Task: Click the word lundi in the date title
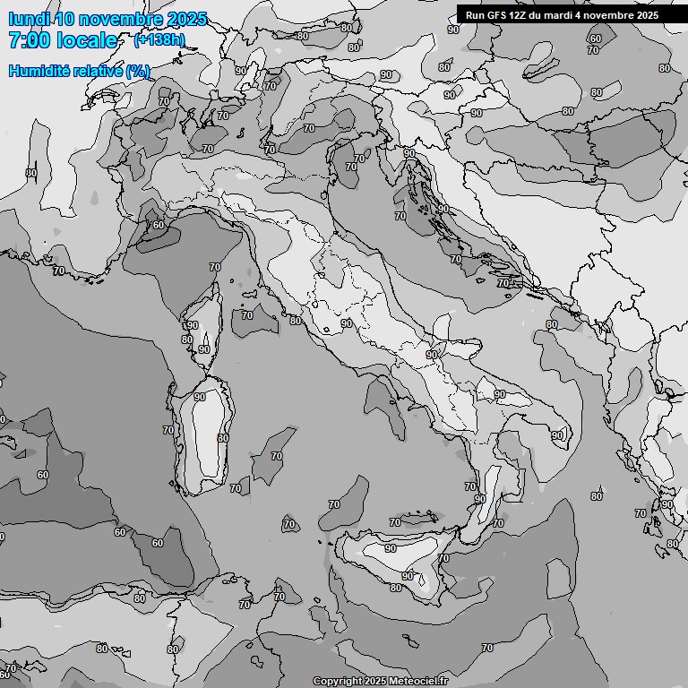tap(29, 19)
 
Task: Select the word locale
tap(87, 40)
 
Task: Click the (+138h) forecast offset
tap(159, 39)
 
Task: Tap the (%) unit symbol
tap(138, 71)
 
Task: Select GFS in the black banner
tap(495, 15)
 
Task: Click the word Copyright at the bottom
tap(337, 681)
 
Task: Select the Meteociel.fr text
tap(418, 681)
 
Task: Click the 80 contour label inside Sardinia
tap(223, 438)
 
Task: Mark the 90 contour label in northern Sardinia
tap(199, 397)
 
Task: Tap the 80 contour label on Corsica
tap(187, 340)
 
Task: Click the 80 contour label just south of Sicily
tap(396, 588)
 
